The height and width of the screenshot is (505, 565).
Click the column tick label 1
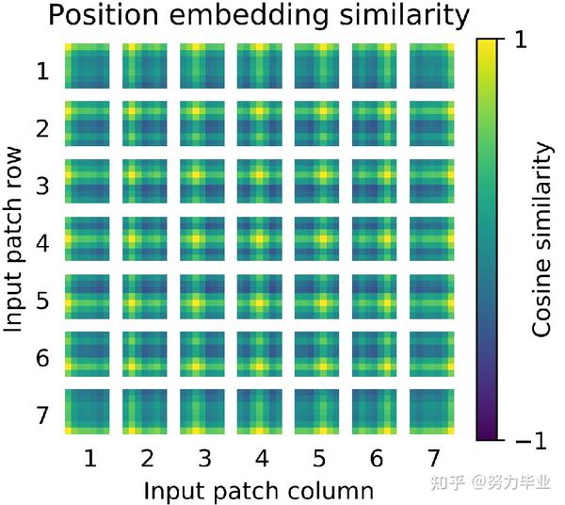90,459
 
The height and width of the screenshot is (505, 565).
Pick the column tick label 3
204,459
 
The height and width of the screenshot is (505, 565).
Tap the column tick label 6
376,459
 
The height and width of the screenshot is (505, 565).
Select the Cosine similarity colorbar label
541,239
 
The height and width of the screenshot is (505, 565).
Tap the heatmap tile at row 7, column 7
432,413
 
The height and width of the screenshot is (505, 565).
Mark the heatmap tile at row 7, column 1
88,413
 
